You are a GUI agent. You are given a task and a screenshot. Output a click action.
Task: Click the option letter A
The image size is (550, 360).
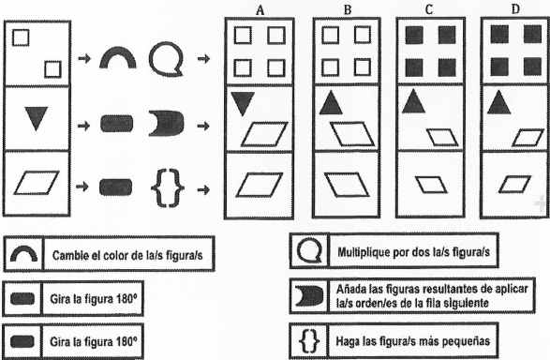pos(260,11)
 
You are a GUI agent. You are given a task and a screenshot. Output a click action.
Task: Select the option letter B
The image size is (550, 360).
pos(348,10)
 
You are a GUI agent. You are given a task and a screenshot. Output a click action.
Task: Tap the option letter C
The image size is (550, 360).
pos(429,10)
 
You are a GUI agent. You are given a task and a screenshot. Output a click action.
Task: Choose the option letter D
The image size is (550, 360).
pos(515,9)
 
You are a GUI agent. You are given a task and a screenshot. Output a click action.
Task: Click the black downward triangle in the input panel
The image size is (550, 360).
pos(37,116)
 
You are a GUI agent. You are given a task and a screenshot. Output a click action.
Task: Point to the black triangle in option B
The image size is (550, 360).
pos(331,104)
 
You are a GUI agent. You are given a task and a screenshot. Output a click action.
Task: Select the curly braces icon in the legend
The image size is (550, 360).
pos(310,340)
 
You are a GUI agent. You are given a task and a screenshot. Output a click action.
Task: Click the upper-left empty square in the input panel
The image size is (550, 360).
pos(21,37)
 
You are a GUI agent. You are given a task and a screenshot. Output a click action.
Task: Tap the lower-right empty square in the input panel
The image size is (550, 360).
pos(53,69)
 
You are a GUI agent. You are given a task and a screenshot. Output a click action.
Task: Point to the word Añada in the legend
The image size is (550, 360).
pos(350,289)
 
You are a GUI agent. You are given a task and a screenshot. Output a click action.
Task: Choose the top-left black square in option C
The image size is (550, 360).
pos(414,36)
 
